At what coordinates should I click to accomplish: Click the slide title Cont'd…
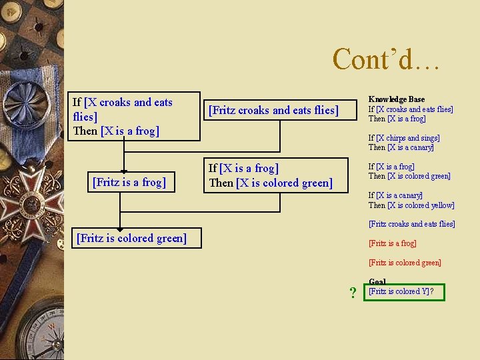pos(386,59)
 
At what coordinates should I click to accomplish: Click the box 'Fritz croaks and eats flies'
pos(273,110)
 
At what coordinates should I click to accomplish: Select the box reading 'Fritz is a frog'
pos(129,181)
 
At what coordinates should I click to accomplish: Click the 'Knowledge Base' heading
pos(396,99)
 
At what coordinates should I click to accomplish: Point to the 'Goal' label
pos(377,282)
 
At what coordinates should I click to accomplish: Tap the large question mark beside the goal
pos(353,293)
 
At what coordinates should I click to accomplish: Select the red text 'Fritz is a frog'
pos(392,243)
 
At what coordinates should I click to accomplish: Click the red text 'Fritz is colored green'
pos(405,263)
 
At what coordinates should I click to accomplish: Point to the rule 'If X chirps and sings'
pos(404,138)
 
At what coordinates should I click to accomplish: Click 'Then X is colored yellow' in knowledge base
pos(411,205)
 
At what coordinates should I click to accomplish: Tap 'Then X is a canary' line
pos(401,147)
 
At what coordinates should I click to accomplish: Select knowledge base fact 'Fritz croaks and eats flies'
pos(411,224)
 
